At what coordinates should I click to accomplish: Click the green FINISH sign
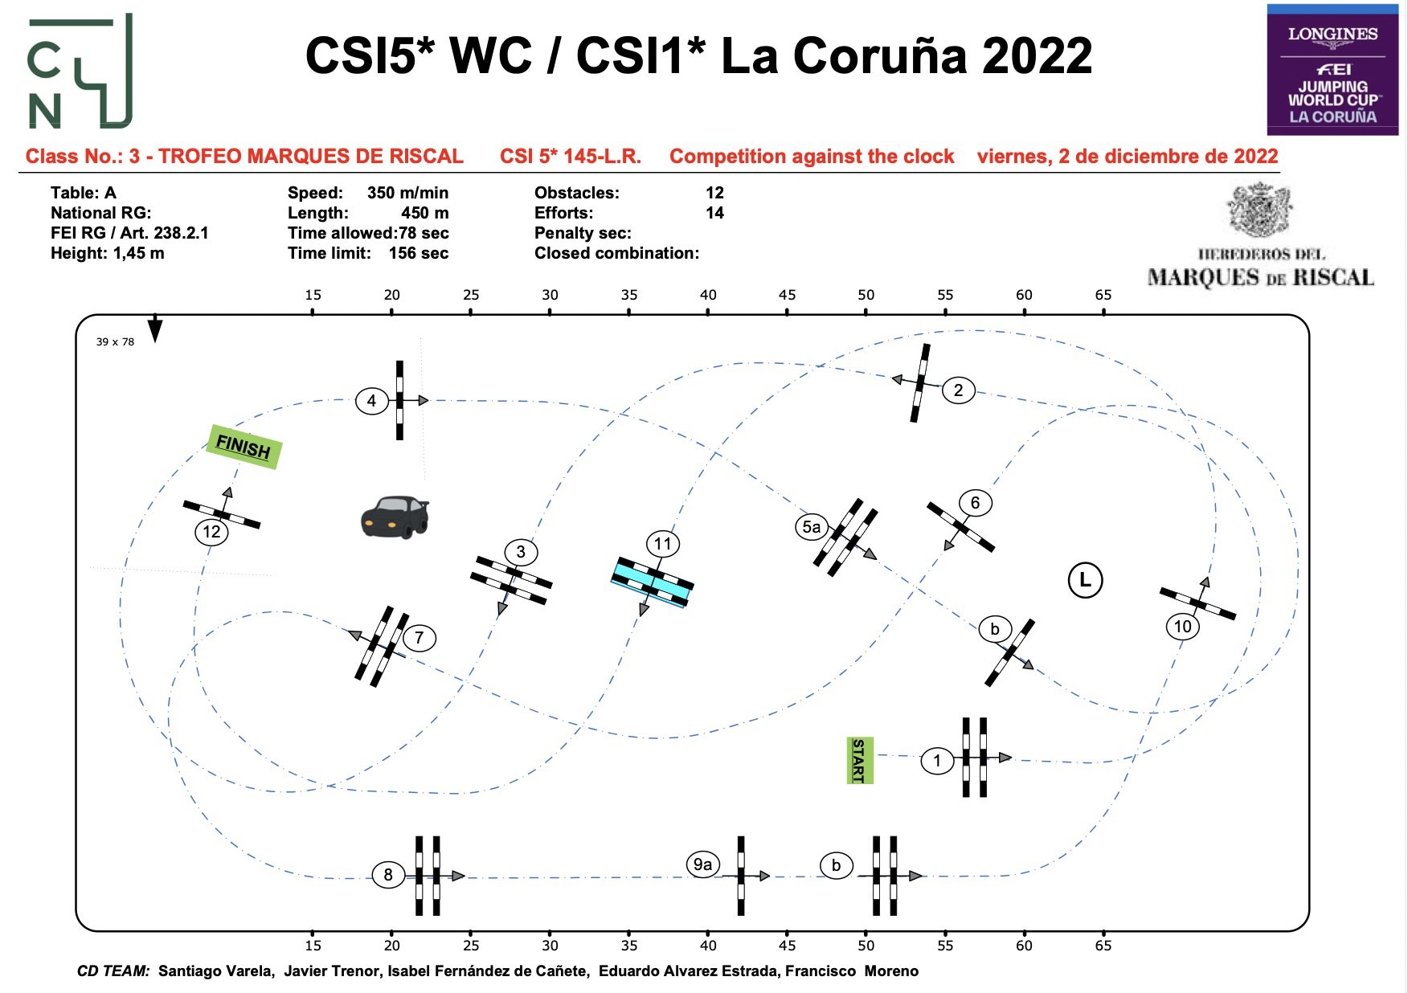coord(244,447)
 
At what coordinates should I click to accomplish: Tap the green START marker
coord(859,760)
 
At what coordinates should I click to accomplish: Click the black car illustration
coord(395,517)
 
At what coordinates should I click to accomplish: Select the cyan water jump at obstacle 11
coord(653,582)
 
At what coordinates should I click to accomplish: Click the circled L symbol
coord(1085,580)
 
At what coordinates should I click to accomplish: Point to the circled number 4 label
coord(371,400)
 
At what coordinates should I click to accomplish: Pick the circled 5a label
coord(812,527)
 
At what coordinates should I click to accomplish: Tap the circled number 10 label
coord(1182,627)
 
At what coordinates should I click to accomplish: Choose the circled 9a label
coord(702,864)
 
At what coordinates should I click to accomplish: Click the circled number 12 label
coord(211,531)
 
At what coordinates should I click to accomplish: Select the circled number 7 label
coord(419,638)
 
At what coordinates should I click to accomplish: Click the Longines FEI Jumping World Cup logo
coord(1332,70)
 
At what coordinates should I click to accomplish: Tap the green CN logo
coord(80,72)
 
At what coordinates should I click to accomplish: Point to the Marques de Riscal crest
coord(1259,210)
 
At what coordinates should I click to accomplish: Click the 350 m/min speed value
coord(407,193)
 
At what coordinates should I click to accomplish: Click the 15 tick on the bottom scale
coord(313,945)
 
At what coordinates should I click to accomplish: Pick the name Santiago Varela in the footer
coord(215,971)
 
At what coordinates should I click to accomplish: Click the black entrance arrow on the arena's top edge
coord(155,329)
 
